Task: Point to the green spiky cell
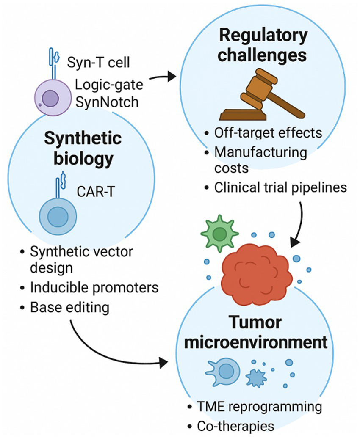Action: (x=219, y=233)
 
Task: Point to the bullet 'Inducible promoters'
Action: (x=94, y=288)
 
